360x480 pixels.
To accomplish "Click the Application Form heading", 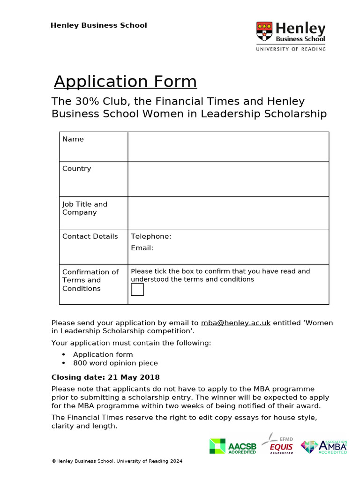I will click(x=125, y=82).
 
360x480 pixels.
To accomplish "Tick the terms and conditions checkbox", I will click(x=137, y=290).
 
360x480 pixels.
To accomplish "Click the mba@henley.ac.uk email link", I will click(x=235, y=323).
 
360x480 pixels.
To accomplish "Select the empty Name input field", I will click(x=228, y=146).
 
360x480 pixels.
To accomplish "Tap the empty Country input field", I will click(x=228, y=179).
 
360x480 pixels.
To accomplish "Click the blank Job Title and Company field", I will click(x=228, y=212).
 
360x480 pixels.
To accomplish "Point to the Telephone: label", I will click(x=151, y=236).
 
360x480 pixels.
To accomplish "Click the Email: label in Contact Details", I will click(x=142, y=248).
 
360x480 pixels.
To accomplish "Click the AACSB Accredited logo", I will click(x=233, y=446).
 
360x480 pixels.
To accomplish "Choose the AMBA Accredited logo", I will click(x=323, y=446).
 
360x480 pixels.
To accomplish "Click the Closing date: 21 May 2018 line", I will click(x=105, y=377).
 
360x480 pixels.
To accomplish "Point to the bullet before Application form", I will click(x=63, y=355).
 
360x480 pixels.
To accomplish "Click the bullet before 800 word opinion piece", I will click(x=63, y=363).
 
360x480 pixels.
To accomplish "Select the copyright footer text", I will click(x=117, y=461).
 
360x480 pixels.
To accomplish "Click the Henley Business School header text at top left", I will click(x=98, y=25).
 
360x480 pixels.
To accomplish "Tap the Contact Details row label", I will click(x=90, y=236).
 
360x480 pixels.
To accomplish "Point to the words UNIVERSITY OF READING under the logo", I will click(x=290, y=49).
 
